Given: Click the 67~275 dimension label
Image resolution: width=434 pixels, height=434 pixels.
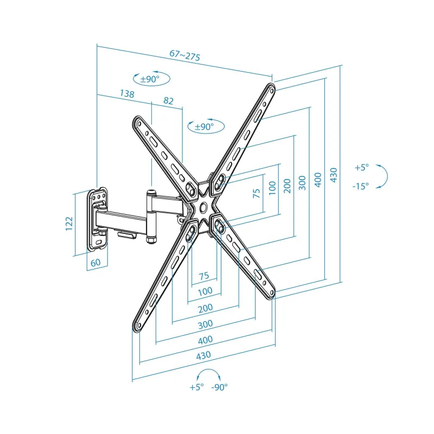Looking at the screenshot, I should [x=185, y=56].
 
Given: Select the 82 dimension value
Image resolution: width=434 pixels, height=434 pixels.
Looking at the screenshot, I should [x=168, y=101].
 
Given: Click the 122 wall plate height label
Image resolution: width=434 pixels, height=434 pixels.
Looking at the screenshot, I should [x=69, y=224].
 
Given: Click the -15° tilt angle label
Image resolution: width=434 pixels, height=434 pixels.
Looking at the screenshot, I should [x=360, y=186].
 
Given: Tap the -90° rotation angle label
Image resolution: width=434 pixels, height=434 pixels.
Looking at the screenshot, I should [x=220, y=387].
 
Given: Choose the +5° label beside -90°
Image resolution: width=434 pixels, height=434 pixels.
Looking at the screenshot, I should [x=196, y=387].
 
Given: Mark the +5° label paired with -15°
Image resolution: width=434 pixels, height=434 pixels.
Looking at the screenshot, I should [x=361, y=168].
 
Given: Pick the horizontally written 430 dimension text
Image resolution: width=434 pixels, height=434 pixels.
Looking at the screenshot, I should [x=203, y=355].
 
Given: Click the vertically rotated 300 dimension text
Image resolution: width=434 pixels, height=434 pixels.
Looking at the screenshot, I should [x=302, y=184].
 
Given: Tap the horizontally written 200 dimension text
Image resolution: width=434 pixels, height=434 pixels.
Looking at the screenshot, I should [x=205, y=308].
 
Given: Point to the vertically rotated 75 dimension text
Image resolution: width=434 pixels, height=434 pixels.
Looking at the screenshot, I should [x=257, y=194].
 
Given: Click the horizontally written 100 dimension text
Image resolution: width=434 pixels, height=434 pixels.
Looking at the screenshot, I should [x=205, y=292].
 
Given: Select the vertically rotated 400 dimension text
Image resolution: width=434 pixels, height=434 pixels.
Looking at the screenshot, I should [x=318, y=180].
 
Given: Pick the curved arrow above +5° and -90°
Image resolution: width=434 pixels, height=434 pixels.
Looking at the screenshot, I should [x=209, y=374].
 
